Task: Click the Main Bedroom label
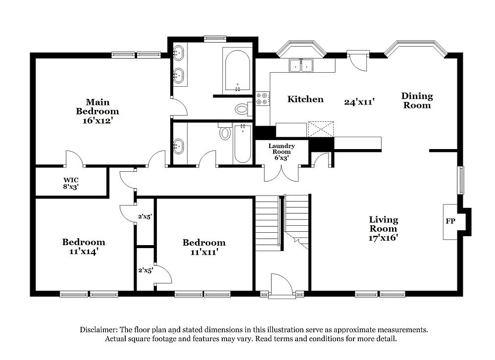pos(98,106)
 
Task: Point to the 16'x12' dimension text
pos(98,120)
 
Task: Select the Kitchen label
pos(305,100)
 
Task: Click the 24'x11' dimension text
pos(359,102)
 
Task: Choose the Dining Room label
pos(417,101)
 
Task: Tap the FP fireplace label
pos(450,221)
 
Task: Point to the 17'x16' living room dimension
pos(383,237)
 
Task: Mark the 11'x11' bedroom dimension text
pos(204,252)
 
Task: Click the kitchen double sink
pos(301,65)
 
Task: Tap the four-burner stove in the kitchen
pos(262,99)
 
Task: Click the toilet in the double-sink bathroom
pos(243,108)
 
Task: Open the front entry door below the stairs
pos(281,286)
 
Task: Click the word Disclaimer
pos(97,330)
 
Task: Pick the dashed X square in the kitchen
pos(320,128)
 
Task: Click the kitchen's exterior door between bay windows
pos(357,60)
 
